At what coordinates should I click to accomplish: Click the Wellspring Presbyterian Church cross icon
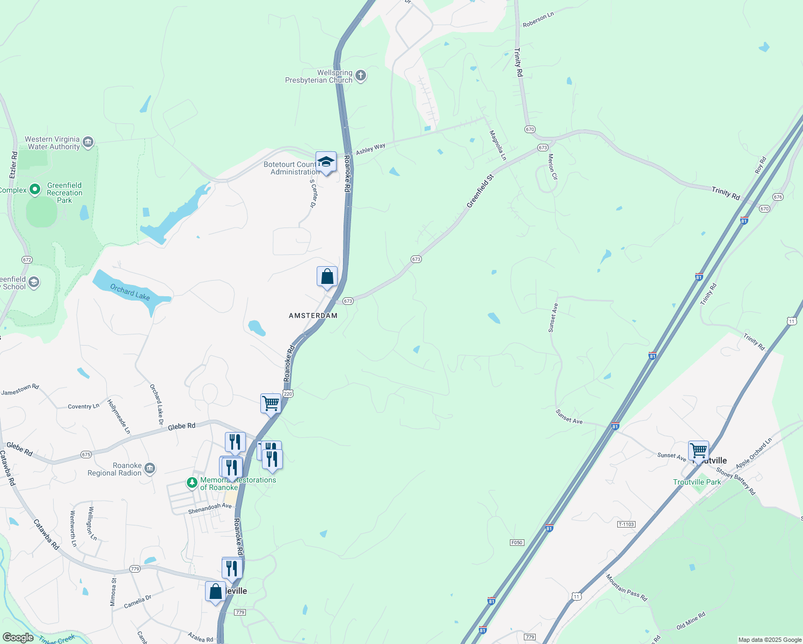pos(361,76)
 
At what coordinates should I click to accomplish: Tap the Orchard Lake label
pos(130,292)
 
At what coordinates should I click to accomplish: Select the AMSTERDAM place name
pos(313,316)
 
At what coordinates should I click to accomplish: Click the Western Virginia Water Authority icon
pos(89,142)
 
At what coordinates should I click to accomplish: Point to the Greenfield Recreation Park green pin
pos(35,189)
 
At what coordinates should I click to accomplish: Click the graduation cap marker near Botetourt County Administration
pos(326,162)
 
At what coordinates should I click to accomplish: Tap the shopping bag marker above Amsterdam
pos(327,277)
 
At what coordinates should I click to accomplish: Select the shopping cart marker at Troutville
pos(698,450)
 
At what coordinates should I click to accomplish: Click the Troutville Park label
pos(697,482)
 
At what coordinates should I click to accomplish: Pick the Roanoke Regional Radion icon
pos(150,469)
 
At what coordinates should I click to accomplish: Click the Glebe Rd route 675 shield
pos(86,455)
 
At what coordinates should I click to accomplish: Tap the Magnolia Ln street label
pos(498,145)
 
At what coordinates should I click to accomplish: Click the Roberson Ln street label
pos(538,20)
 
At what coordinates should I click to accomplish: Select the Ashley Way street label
pos(370,149)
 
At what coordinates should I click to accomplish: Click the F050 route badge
pos(516,543)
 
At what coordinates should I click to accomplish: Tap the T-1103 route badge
pos(626,524)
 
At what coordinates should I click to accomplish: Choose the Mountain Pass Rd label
pos(626,587)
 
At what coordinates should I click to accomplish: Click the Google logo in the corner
pos(18,637)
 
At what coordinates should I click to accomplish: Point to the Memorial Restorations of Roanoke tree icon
pos(192,483)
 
